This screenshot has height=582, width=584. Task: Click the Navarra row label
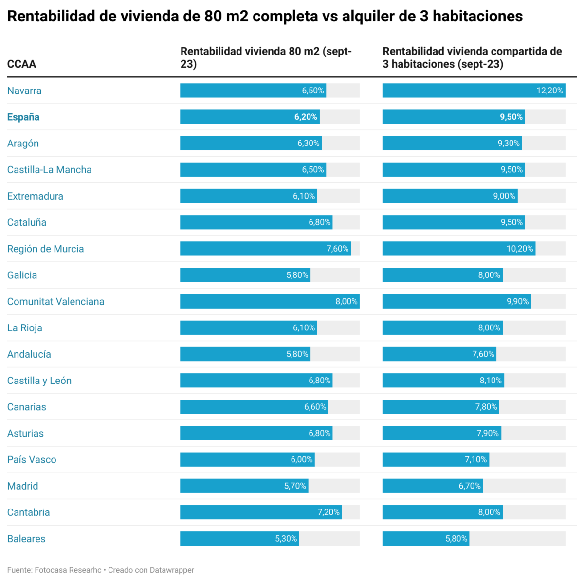24,91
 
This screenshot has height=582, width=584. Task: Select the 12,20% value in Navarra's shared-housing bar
549,91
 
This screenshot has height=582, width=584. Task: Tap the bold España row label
23,117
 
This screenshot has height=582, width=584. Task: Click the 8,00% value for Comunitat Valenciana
346,301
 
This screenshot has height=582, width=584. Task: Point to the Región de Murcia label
45,249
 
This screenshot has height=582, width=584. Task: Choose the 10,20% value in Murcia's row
520,249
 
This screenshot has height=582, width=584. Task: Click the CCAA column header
21,64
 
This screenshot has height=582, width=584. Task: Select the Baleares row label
26,539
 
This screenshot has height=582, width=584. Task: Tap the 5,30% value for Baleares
286,539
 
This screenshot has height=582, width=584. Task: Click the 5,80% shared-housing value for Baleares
456,539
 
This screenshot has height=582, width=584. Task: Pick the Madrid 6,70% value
469,486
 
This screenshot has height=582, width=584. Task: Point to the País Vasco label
32,459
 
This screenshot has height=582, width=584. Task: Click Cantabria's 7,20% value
328,512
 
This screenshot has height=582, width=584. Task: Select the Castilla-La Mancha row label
49,170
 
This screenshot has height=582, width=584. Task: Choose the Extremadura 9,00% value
504,196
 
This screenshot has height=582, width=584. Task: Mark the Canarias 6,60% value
315,407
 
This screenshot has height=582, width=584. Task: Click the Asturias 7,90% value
487,433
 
